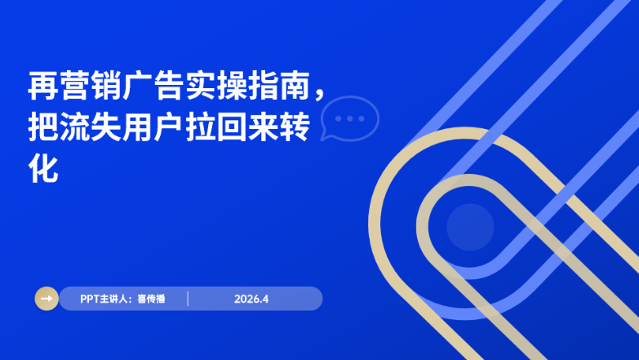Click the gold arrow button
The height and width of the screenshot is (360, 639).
(47, 299)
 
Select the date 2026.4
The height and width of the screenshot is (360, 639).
(251, 299)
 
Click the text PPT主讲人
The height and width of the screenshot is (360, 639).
(104, 299)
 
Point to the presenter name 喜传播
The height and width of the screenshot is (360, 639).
(151, 299)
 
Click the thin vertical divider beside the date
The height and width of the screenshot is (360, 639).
(188, 299)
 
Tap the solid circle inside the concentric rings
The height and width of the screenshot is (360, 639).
(471, 226)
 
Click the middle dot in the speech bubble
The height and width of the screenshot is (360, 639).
(350, 118)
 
